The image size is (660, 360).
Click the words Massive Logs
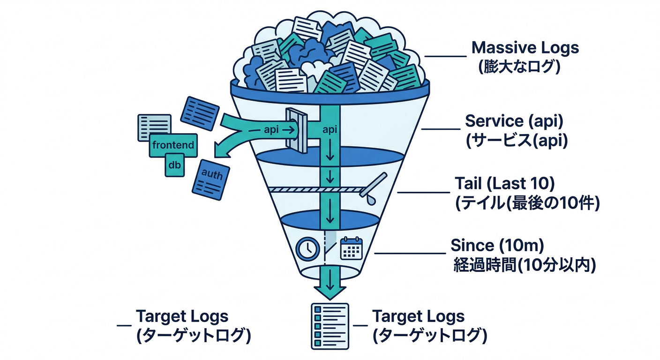point(525,48)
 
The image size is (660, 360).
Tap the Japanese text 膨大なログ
point(519,66)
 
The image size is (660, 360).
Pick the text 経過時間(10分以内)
point(525,265)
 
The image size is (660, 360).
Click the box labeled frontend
point(173,145)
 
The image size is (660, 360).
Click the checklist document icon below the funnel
point(330,325)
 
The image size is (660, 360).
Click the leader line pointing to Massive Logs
point(445,56)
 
